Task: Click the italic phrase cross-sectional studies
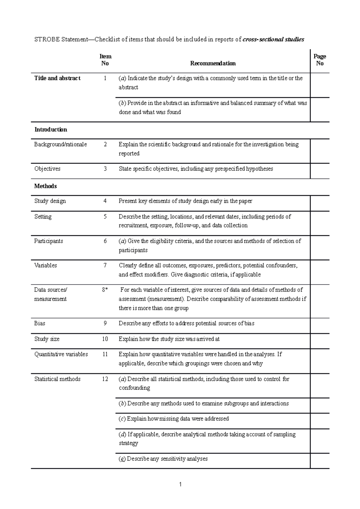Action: click(x=273, y=39)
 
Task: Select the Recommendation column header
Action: click(x=213, y=63)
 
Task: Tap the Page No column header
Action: click(x=319, y=60)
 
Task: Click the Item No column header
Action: click(x=105, y=60)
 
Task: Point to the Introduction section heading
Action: click(x=51, y=129)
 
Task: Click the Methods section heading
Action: click(x=45, y=186)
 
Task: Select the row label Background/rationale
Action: click(x=60, y=144)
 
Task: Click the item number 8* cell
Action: click(x=105, y=290)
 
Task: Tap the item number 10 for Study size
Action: click(x=105, y=339)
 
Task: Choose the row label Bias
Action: click(x=40, y=323)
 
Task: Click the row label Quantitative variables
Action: click(x=61, y=354)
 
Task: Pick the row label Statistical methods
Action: click(x=57, y=379)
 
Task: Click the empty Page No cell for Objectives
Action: click(x=319, y=171)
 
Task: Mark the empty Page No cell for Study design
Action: click(x=319, y=203)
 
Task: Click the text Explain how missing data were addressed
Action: click(x=174, y=419)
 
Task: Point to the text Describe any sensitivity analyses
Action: click(x=163, y=459)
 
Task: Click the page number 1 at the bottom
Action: click(x=180, y=484)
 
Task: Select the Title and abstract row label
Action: click(x=57, y=78)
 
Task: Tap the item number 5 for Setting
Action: click(x=105, y=217)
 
